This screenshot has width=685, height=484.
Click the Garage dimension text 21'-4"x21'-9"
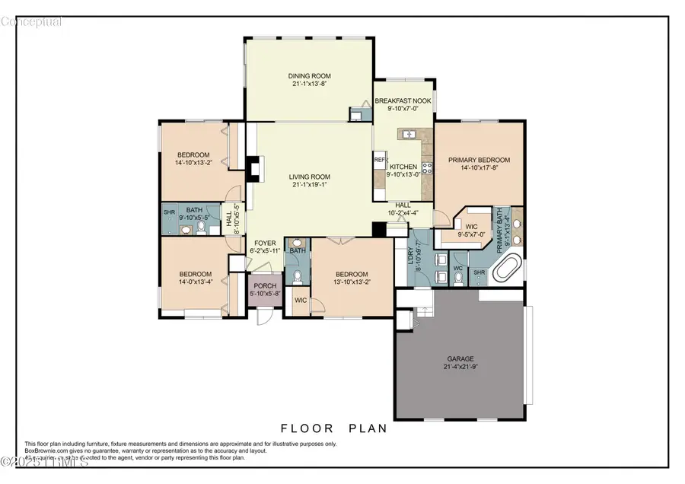(x=459, y=365)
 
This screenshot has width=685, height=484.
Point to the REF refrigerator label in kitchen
(x=378, y=161)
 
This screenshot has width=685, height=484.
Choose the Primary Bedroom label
(x=479, y=160)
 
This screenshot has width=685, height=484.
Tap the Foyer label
(x=265, y=244)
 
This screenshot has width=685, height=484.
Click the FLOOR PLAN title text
(x=334, y=428)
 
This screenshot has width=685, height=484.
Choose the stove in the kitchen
(x=427, y=168)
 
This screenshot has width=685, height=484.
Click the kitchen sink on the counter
(x=408, y=135)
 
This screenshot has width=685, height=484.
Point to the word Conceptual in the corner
(x=31, y=21)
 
